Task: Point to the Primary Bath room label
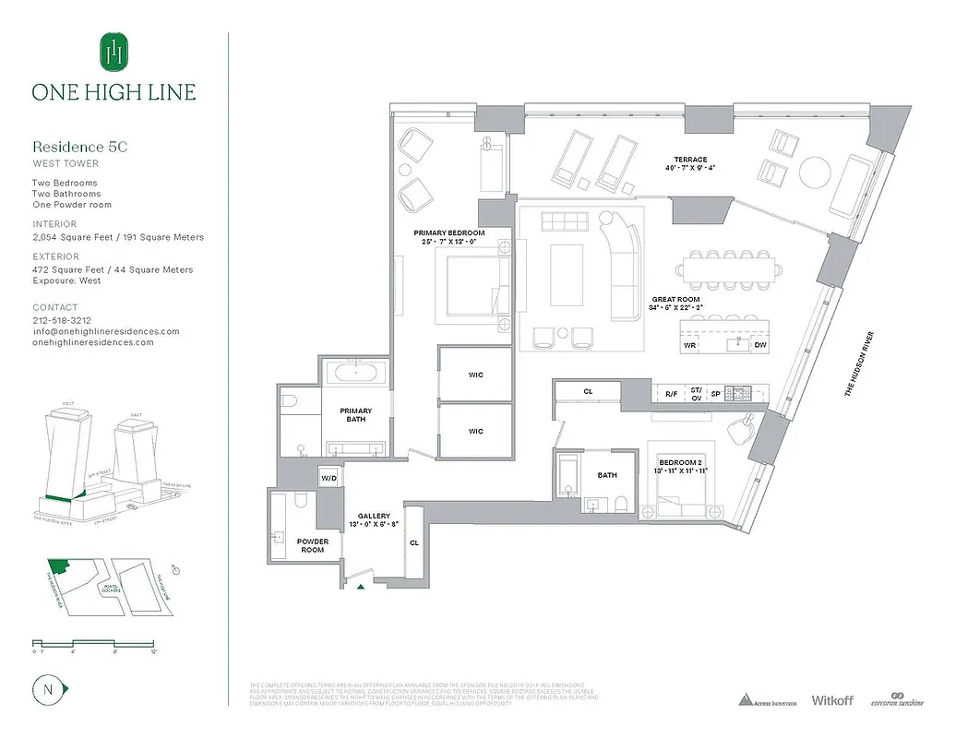pos(355,415)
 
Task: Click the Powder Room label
pos(313,546)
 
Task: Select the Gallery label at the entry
pos(374,517)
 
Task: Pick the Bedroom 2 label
pos(680,461)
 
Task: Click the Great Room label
pos(675,300)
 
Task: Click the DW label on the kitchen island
pos(759,345)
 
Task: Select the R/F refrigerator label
pos(671,394)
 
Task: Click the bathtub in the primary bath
pos(355,374)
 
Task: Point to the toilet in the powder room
pos(300,501)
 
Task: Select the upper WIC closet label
pos(475,375)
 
